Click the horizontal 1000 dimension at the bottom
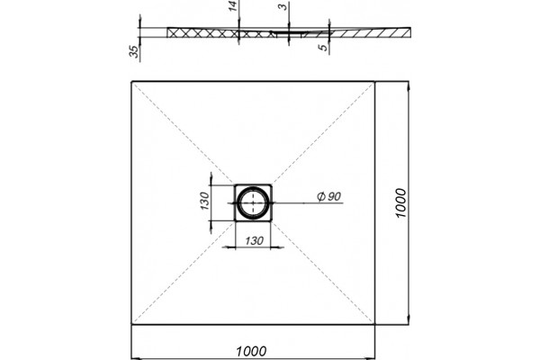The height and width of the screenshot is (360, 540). pos(251,351)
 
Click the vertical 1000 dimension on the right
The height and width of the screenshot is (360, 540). pos(400,202)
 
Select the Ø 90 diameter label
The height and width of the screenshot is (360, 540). pos(328,196)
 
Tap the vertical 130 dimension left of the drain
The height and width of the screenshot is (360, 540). pos(204,201)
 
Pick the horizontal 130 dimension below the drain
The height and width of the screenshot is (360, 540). pos(254,241)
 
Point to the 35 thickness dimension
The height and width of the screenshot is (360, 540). pos(135,51)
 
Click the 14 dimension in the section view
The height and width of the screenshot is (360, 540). pos(234,6)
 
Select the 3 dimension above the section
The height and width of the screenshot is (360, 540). pos(283,6)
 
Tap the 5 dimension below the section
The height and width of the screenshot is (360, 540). pos(324,47)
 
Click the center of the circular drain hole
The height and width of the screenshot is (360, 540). pos(253,202)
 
